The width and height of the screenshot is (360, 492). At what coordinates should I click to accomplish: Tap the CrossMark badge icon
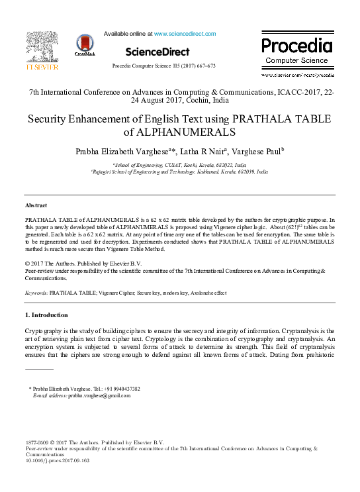tap(85, 45)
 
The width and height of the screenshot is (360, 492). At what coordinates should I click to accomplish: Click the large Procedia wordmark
tap(296, 46)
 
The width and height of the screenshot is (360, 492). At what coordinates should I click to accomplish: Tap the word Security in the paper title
tap(49, 119)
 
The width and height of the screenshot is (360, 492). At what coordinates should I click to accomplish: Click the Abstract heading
tap(36, 206)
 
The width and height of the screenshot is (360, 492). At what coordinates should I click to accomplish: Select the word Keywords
tap(36, 291)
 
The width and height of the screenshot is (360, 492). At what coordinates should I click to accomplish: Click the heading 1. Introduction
tap(46, 315)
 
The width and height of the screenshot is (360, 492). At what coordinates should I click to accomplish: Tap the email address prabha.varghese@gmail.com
tap(99, 395)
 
